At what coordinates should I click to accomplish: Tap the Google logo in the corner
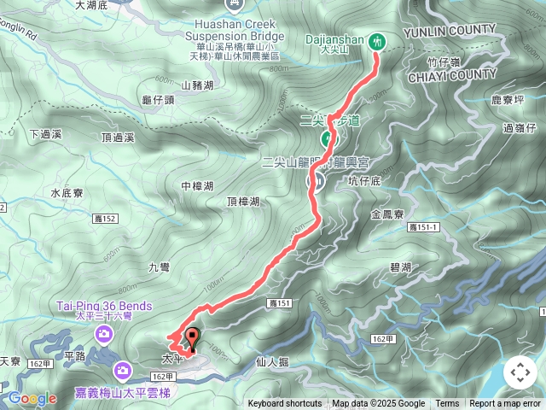pos(33,398)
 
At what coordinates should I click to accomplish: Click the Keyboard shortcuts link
pos(285,404)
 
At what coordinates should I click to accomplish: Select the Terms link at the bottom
pos(447,404)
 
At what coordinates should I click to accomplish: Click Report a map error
pos(505,404)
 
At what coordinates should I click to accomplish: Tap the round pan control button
pos(520,372)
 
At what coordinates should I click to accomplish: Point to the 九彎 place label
pos(160,267)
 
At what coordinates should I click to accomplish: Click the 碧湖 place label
pos(401,267)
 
